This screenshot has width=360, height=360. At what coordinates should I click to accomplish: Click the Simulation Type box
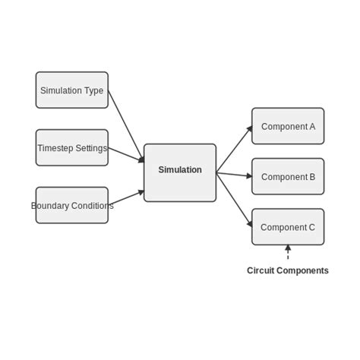[72, 90]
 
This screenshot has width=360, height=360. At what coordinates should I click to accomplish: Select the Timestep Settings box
[72, 148]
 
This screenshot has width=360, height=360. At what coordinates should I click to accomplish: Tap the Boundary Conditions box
[72, 206]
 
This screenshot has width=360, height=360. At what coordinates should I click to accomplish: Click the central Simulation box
[180, 173]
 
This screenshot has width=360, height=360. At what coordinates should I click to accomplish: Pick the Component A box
[288, 127]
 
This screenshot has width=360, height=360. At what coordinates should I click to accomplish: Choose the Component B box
[288, 177]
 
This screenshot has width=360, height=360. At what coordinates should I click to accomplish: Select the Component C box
[288, 227]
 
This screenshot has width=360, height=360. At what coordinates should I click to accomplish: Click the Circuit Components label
[288, 270]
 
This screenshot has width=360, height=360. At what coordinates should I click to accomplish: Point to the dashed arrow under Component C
[288, 253]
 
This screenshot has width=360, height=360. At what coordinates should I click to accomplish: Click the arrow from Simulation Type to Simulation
[126, 126]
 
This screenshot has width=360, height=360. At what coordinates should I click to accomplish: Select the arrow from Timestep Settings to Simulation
[126, 155]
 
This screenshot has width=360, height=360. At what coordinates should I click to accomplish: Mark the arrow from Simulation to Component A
[234, 149]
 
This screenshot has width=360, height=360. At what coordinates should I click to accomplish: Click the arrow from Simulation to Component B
[234, 175]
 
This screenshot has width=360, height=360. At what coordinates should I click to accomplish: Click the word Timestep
[56, 148]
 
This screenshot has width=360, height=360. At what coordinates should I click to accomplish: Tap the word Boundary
[47, 206]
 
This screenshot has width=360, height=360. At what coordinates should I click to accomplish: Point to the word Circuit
[261, 270]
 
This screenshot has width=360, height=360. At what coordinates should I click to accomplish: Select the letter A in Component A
[311, 127]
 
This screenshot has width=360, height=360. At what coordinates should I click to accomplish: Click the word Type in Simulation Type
[93, 90]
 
